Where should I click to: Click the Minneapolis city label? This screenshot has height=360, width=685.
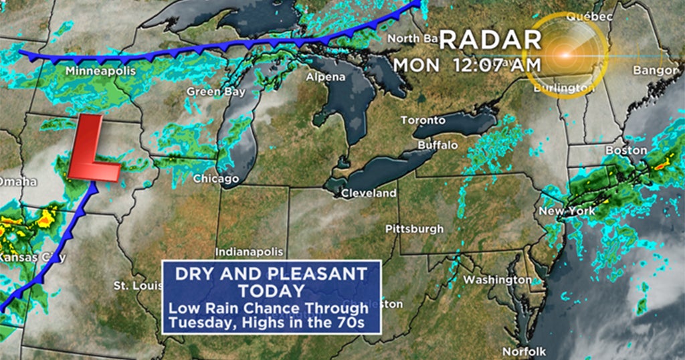[x=101, y=71]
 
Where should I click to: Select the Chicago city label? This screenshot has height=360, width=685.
[x=216, y=179]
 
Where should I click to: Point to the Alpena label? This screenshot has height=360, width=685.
[x=326, y=77]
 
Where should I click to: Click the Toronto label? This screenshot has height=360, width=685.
[x=423, y=120]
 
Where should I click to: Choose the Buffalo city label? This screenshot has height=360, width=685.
[x=437, y=145]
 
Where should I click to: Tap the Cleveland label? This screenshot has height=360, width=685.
[x=369, y=193]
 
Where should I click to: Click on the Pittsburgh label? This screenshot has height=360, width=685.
[x=414, y=229]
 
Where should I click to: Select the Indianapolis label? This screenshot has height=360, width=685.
[x=250, y=252]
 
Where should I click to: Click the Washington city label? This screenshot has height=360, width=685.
[x=497, y=279]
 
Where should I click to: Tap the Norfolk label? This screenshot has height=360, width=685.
[x=525, y=351]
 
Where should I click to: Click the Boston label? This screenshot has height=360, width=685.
[x=626, y=151]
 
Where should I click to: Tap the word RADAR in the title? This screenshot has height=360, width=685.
[x=490, y=40]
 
